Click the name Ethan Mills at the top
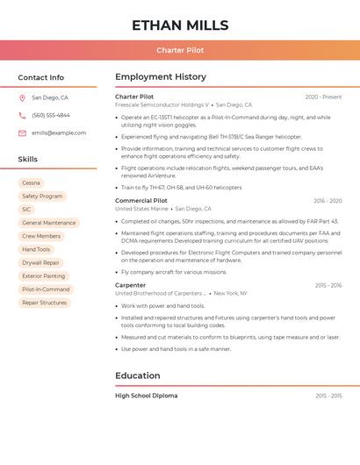coord(180,25)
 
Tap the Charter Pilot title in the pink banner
coord(180,50)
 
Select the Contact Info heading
coord(41,77)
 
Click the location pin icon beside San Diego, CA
coord(22,98)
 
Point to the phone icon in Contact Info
coord(22,116)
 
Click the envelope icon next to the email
coord(22,133)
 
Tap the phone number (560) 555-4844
coord(51,116)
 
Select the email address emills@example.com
coord(59,133)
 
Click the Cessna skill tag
coord(31,183)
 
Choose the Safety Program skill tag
coord(42,197)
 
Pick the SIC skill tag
coord(26,210)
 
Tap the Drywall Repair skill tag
coord(40,262)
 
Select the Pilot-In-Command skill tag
coord(46,290)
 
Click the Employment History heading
coord(161,77)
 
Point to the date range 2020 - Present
coord(323,97)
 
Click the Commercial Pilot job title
coord(141,201)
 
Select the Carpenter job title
coord(131,285)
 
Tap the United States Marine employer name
coord(141,209)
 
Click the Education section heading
coord(138,376)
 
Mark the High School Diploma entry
coord(147,396)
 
